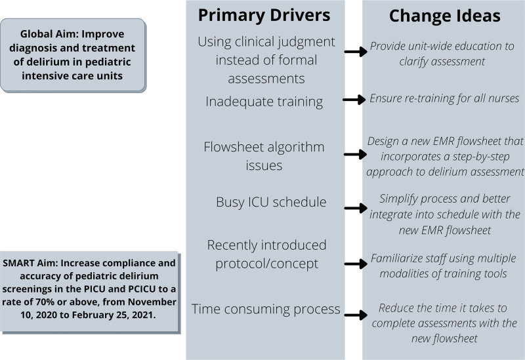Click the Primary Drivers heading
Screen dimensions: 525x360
point(264,15)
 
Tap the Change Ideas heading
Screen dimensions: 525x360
point(445,16)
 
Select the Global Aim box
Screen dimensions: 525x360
point(73,55)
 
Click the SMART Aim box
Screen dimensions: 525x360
point(90,292)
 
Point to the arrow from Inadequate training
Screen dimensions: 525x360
point(354,100)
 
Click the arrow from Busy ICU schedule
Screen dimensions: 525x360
point(356,208)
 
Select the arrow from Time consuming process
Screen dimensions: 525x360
point(356,315)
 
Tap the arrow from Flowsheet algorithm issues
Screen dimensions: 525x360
point(356,154)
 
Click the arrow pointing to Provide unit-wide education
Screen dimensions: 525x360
point(356,52)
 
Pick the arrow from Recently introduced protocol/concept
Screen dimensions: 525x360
point(356,264)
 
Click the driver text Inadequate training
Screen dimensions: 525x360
point(264,102)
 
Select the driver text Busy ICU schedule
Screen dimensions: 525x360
point(271,202)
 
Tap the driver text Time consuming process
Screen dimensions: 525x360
point(266,309)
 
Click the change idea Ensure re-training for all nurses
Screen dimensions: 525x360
point(444,98)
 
